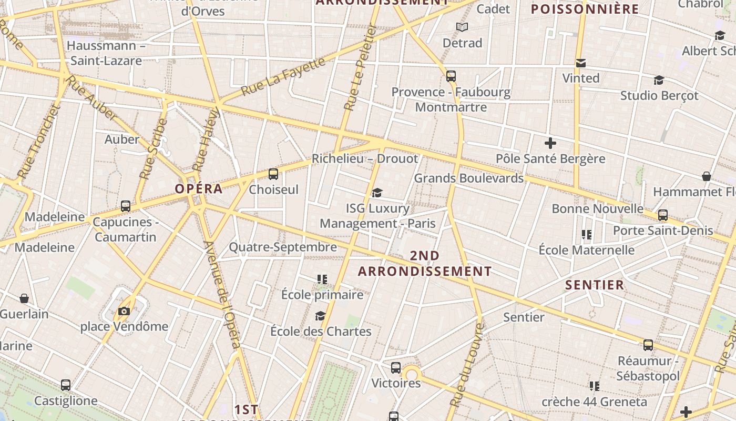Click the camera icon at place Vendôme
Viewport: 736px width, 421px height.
coord(124,311)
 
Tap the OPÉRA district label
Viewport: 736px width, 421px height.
coord(199,189)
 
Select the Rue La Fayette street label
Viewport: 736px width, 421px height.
coord(283,77)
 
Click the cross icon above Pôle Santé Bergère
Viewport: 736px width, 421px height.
coord(550,143)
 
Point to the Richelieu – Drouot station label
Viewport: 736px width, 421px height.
coord(365,158)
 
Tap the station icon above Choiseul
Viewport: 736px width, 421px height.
coord(273,174)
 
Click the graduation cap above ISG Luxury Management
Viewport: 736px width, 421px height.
coord(377,193)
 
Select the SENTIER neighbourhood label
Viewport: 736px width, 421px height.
coord(595,285)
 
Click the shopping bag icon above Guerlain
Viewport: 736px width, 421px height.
coord(24,298)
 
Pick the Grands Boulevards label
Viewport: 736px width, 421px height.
coord(469,178)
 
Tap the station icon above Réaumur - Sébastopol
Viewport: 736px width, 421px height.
coord(648,345)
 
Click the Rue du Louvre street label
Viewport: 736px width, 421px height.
coord(467,364)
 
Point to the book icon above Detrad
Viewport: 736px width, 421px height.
coord(462,27)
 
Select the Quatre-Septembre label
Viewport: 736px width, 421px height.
coord(283,247)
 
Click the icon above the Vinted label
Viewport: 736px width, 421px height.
coord(581,63)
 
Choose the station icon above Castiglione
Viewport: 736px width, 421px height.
coord(66,385)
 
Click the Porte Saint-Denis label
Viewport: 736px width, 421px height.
coord(663,230)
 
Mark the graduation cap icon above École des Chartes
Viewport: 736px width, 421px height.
coord(320,316)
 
